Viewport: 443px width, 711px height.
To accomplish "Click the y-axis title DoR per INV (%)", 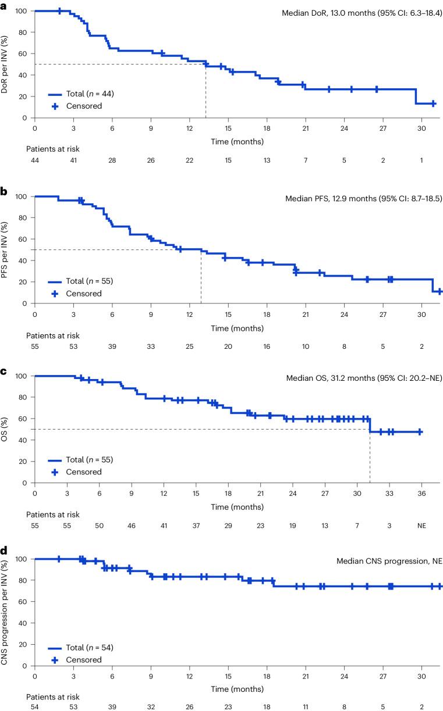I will pos(8,64).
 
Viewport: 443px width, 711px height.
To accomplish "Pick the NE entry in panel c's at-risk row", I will pos(421,524).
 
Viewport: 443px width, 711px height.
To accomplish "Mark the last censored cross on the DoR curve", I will pos(433,103).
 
